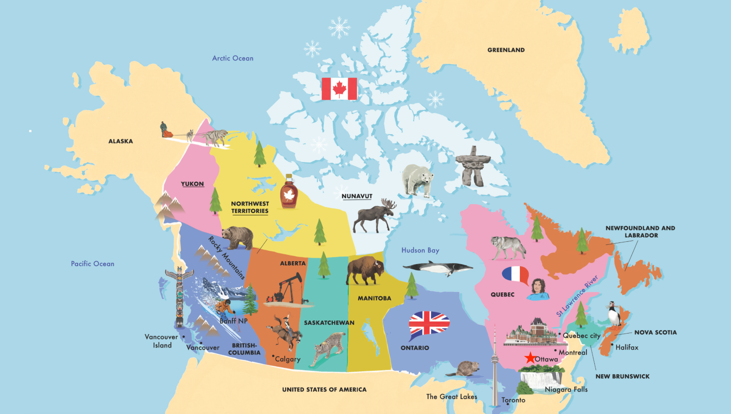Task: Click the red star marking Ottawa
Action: (x=530, y=358)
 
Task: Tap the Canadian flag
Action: (x=339, y=89)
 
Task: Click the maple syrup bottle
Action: (x=289, y=192)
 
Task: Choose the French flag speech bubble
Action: (x=515, y=274)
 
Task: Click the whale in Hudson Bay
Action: (x=437, y=268)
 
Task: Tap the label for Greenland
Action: (x=506, y=50)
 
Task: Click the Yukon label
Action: (x=192, y=184)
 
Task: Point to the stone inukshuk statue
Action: (x=473, y=165)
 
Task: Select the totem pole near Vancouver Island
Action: (x=179, y=296)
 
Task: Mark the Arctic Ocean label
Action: (x=232, y=58)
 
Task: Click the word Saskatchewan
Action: (x=329, y=323)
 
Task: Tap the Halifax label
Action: (x=627, y=347)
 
